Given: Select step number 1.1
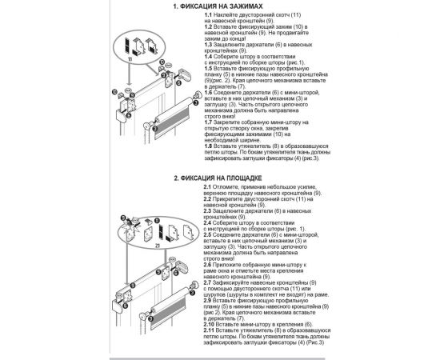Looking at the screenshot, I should click(x=210, y=16).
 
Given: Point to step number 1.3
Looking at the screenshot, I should click(x=210, y=45).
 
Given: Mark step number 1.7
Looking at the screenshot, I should click(x=210, y=122).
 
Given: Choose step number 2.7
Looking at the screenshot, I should click(x=210, y=282).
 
